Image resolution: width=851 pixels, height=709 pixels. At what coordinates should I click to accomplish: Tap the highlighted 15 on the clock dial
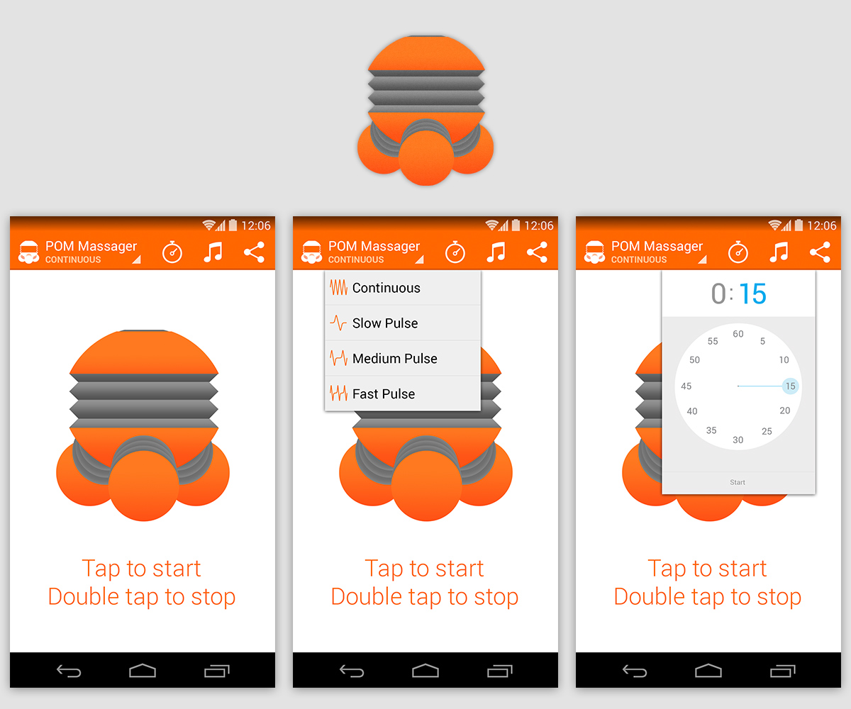[790, 386]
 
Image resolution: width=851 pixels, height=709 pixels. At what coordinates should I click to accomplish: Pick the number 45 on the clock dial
[686, 386]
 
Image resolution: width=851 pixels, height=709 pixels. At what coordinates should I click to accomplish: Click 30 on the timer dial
[738, 440]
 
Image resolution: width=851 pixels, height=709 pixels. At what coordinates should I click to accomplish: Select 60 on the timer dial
[738, 334]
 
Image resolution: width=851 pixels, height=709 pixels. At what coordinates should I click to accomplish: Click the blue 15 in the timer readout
[752, 294]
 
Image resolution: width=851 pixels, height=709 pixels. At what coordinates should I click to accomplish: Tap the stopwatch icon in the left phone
[172, 252]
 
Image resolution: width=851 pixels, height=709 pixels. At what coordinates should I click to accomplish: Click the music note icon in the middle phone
[496, 252]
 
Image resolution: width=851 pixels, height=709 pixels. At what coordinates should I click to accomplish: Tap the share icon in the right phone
[820, 252]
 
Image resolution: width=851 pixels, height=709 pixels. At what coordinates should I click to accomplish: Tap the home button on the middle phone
[425, 670]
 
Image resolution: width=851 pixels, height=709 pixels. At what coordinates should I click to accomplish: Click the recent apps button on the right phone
[782, 671]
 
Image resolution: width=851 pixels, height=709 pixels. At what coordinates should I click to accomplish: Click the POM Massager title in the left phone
[91, 246]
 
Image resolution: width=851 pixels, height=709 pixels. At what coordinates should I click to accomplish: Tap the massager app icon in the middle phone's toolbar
[311, 252]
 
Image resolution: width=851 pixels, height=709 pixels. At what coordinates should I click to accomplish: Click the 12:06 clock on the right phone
[822, 225]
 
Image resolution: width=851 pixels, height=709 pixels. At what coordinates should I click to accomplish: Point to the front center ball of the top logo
[426, 158]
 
